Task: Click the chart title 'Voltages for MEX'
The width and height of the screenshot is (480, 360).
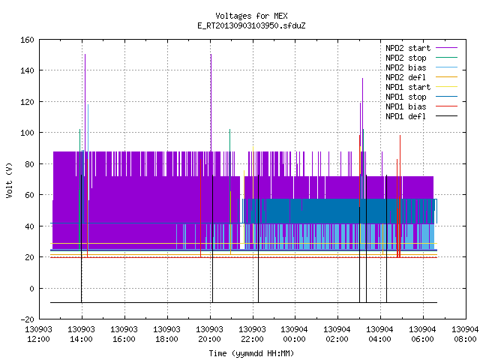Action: (251, 16)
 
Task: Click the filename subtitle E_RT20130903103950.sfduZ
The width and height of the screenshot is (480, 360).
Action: (251, 25)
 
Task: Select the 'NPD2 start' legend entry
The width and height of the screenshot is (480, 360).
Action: (421, 48)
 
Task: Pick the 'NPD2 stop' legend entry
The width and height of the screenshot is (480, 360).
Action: (421, 58)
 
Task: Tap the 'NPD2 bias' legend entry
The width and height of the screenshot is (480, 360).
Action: (421, 67)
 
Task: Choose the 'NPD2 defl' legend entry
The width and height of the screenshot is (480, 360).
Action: (421, 77)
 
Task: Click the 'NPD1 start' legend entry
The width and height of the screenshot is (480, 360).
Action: (421, 87)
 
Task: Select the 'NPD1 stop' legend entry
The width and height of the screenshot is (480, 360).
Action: (421, 97)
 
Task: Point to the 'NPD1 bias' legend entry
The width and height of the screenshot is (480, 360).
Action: (421, 106)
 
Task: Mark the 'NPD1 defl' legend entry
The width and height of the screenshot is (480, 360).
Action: (421, 116)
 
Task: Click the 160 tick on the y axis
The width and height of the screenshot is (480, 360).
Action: (27, 40)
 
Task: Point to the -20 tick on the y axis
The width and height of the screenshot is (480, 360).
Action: (27, 319)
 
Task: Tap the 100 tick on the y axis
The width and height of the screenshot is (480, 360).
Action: (27, 133)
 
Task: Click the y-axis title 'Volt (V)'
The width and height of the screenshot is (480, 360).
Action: (9, 180)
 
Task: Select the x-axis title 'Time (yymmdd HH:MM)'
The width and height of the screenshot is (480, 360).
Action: (251, 353)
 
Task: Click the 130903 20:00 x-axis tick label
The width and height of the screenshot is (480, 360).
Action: (209, 334)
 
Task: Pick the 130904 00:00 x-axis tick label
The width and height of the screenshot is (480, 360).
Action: (294, 334)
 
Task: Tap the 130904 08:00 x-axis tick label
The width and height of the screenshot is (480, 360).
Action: (465, 334)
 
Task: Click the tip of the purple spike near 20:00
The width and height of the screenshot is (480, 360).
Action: (211, 55)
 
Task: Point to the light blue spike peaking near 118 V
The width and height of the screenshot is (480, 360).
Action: (88, 105)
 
